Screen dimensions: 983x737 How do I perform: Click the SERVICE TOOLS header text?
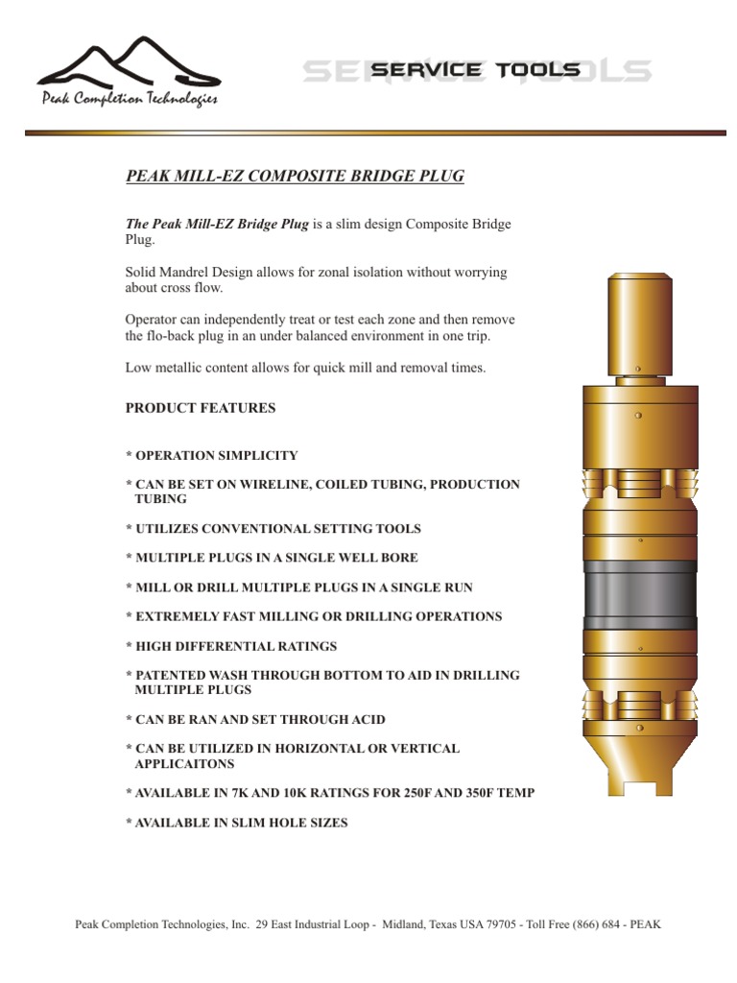tap(475, 70)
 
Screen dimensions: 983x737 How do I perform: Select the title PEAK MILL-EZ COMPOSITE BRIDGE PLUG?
tap(296, 176)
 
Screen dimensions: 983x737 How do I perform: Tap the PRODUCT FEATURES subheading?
tap(201, 408)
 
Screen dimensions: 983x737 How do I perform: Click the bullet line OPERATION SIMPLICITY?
tap(216, 456)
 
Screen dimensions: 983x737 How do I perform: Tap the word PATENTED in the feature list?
tap(171, 675)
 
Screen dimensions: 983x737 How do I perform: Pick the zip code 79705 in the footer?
tap(500, 924)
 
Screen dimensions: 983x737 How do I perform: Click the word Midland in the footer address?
tap(405, 924)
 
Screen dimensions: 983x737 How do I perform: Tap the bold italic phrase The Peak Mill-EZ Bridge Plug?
tap(217, 224)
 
